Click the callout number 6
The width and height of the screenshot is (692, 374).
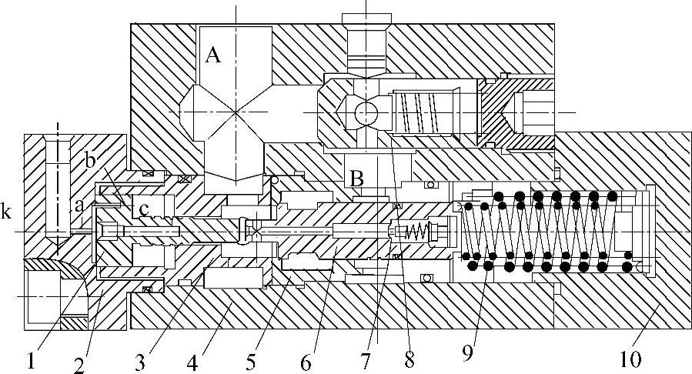click(x=306, y=360)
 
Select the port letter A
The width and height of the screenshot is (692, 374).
click(x=213, y=56)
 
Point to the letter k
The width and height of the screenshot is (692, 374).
click(x=7, y=212)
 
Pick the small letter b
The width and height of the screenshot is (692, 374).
click(x=90, y=162)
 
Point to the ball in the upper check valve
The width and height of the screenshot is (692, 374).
click(x=366, y=115)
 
